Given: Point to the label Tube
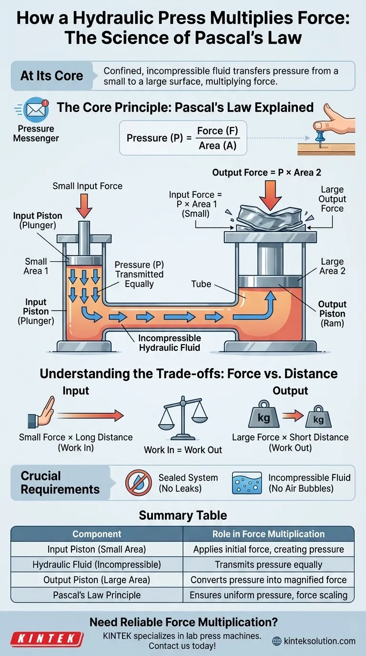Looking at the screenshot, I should click(201, 284).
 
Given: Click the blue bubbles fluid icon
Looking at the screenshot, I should click(246, 482).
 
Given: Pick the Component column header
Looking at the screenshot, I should click(97, 534).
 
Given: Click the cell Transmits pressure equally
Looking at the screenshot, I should click(268, 564).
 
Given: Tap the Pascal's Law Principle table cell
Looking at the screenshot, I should click(97, 595).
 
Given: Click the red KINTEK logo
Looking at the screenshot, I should click(47, 639).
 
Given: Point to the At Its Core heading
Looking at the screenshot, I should click(51, 76).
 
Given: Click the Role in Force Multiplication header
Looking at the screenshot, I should click(268, 534).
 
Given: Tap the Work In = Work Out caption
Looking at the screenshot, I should click(183, 450).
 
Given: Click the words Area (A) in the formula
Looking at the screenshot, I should click(217, 145).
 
